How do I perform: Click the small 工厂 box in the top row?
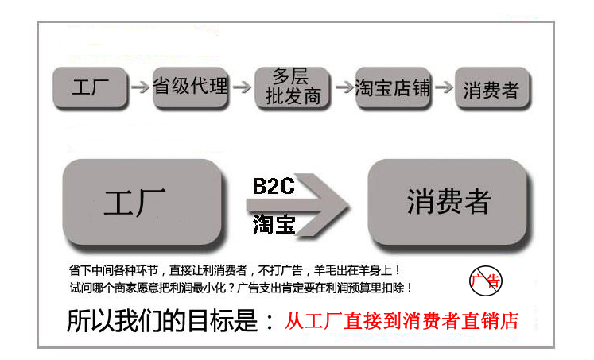pos(90,87)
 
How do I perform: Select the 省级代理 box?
pos(191,87)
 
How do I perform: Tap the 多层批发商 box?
pos(292,88)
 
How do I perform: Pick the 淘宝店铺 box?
pos(394,88)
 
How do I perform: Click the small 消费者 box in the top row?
pos(492,88)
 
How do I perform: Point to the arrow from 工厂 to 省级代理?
pos(140,87)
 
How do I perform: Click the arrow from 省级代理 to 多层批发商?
pos(242,87)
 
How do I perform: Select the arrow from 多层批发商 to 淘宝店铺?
pos(344,87)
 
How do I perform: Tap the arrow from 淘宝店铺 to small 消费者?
pos(444,87)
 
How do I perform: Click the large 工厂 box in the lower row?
pos(142,203)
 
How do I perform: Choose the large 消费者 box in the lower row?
pos(448,203)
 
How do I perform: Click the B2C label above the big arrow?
pos(273,186)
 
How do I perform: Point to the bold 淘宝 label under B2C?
pos(274,224)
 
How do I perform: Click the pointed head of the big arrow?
pos(350,206)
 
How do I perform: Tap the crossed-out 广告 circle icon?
pos(486,281)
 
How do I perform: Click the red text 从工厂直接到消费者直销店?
pos(402,321)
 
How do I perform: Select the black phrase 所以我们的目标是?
pos(161,321)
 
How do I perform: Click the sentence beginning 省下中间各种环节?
pos(235,270)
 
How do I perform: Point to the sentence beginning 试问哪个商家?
pos(241,288)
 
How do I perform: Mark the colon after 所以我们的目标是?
pos(270,322)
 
